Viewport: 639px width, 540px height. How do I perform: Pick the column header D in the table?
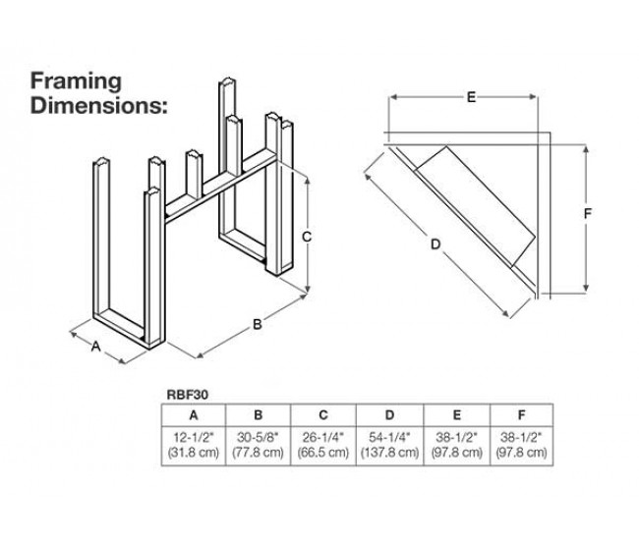389,413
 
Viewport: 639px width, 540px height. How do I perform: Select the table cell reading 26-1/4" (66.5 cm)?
325,444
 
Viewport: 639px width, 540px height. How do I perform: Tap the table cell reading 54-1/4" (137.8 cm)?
389,444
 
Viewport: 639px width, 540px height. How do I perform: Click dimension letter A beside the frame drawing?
96,347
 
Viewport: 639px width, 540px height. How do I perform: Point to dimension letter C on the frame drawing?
307,237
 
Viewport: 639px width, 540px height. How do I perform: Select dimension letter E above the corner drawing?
471,96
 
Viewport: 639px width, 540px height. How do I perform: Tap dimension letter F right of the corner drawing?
587,213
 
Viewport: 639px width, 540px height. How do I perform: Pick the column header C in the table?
325,413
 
